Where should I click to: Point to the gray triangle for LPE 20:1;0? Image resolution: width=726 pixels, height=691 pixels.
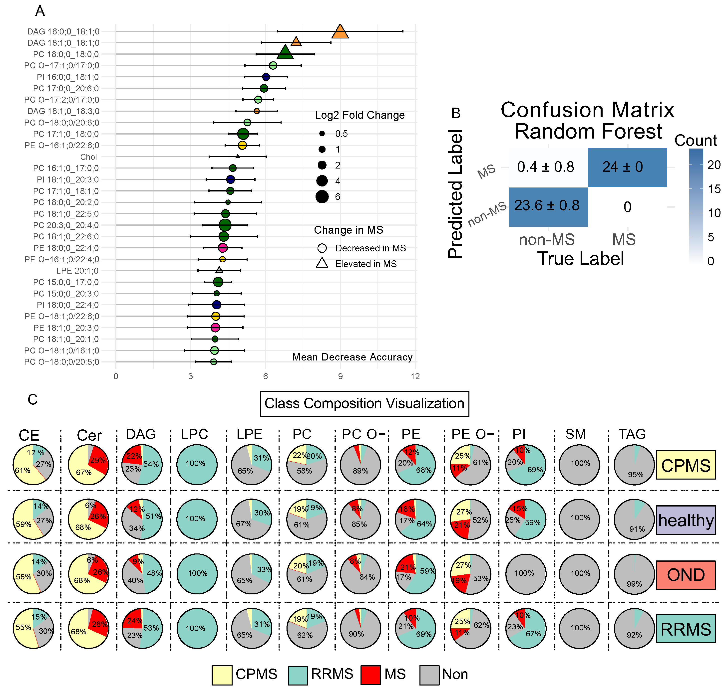click(x=219, y=270)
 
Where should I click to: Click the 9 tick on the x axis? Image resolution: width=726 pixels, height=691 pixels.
click(x=340, y=376)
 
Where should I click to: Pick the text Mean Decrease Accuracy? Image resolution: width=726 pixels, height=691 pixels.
click(x=352, y=357)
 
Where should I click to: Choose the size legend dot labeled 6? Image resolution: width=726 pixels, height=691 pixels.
click(x=322, y=197)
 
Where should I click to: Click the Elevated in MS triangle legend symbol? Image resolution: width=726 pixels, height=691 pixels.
click(x=322, y=263)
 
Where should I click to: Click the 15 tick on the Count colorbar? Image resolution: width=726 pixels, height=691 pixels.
click(x=714, y=189)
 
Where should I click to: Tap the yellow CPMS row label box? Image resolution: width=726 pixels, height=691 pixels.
click(x=686, y=465)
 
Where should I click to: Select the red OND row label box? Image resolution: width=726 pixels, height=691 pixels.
click(x=686, y=575)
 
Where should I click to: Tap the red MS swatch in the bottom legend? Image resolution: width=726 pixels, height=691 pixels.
click(x=370, y=675)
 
